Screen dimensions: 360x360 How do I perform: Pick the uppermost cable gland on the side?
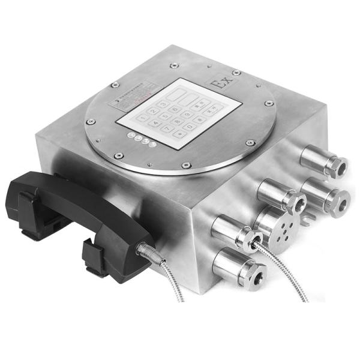(325, 161)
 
